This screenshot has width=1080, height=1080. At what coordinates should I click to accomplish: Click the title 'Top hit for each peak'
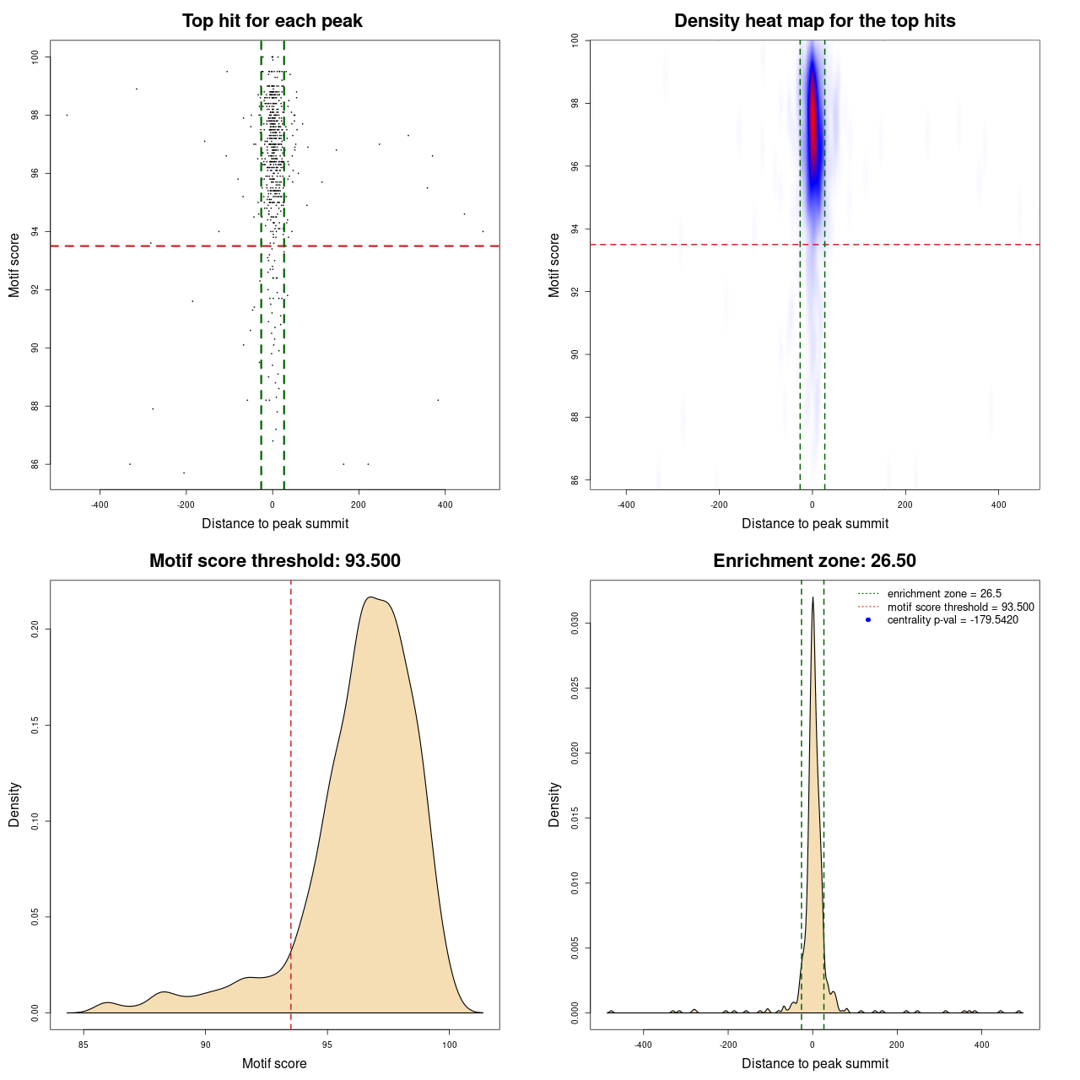pyautogui.click(x=272, y=21)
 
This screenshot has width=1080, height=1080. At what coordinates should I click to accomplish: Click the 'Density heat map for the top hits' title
pyautogui.click(x=814, y=21)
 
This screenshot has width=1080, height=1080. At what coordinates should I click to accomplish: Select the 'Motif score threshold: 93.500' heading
pyautogui.click(x=274, y=561)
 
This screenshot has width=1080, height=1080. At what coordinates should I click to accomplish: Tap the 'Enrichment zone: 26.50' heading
pyautogui.click(x=814, y=561)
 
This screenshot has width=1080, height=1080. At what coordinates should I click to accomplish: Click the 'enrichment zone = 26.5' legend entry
pyautogui.click(x=944, y=594)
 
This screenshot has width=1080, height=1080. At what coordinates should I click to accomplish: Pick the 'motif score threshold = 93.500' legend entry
pyautogui.click(x=960, y=607)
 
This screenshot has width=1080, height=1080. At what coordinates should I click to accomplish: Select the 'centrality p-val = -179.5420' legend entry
pyautogui.click(x=953, y=620)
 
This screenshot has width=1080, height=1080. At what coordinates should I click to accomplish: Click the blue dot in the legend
pyautogui.click(x=868, y=620)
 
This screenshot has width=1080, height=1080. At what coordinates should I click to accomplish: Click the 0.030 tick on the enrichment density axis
pyautogui.click(x=575, y=624)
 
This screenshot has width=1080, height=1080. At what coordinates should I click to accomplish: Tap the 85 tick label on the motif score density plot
pyautogui.click(x=83, y=1045)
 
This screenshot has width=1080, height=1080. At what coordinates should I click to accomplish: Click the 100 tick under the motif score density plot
pyautogui.click(x=449, y=1045)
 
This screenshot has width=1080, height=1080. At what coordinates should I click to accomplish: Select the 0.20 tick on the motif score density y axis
pyautogui.click(x=35, y=629)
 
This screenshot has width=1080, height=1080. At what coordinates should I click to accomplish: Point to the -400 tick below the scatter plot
pyautogui.click(x=100, y=505)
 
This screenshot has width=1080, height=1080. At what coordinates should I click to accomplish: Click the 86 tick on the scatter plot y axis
pyautogui.click(x=35, y=464)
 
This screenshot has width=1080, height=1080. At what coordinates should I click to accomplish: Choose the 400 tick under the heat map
pyautogui.click(x=998, y=505)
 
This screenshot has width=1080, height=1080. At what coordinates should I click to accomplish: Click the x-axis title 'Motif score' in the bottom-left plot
pyautogui.click(x=274, y=1063)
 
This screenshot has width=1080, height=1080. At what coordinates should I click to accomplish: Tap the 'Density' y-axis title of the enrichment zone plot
pyautogui.click(x=554, y=804)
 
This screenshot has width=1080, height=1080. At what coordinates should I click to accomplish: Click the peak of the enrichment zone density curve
pyautogui.click(x=813, y=598)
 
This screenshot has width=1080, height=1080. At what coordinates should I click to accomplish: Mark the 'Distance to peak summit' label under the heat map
pyautogui.click(x=814, y=524)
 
